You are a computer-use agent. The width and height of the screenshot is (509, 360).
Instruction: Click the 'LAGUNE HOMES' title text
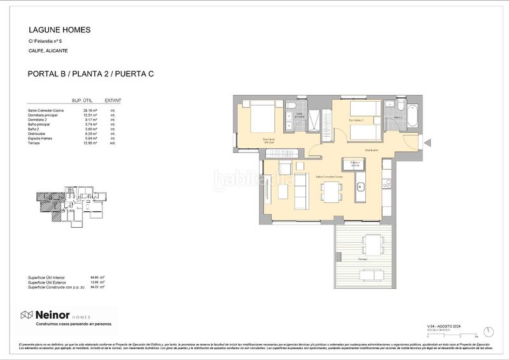[x=60, y=30]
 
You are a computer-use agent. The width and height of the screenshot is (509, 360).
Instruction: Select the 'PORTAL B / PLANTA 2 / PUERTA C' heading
[x=91, y=74]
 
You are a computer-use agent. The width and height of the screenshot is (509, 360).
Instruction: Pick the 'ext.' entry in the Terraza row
[x=113, y=144]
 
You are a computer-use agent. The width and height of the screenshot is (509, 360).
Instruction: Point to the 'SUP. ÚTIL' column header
[x=83, y=100]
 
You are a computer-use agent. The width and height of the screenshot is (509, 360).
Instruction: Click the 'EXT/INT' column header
[x=113, y=100]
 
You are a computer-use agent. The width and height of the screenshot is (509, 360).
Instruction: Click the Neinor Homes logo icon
[x=27, y=315]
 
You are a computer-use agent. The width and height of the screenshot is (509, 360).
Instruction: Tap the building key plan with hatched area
[x=68, y=205]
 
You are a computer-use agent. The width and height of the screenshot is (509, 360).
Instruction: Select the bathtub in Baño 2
[x=412, y=115]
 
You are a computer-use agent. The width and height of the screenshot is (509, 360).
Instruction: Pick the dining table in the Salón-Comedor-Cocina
[x=331, y=190]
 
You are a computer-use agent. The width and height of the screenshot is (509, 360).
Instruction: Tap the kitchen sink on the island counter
[x=360, y=187]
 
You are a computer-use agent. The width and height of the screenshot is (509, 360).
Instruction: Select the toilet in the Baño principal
[x=290, y=106]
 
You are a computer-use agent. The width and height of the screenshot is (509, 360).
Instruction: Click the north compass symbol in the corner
[x=488, y=331]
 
